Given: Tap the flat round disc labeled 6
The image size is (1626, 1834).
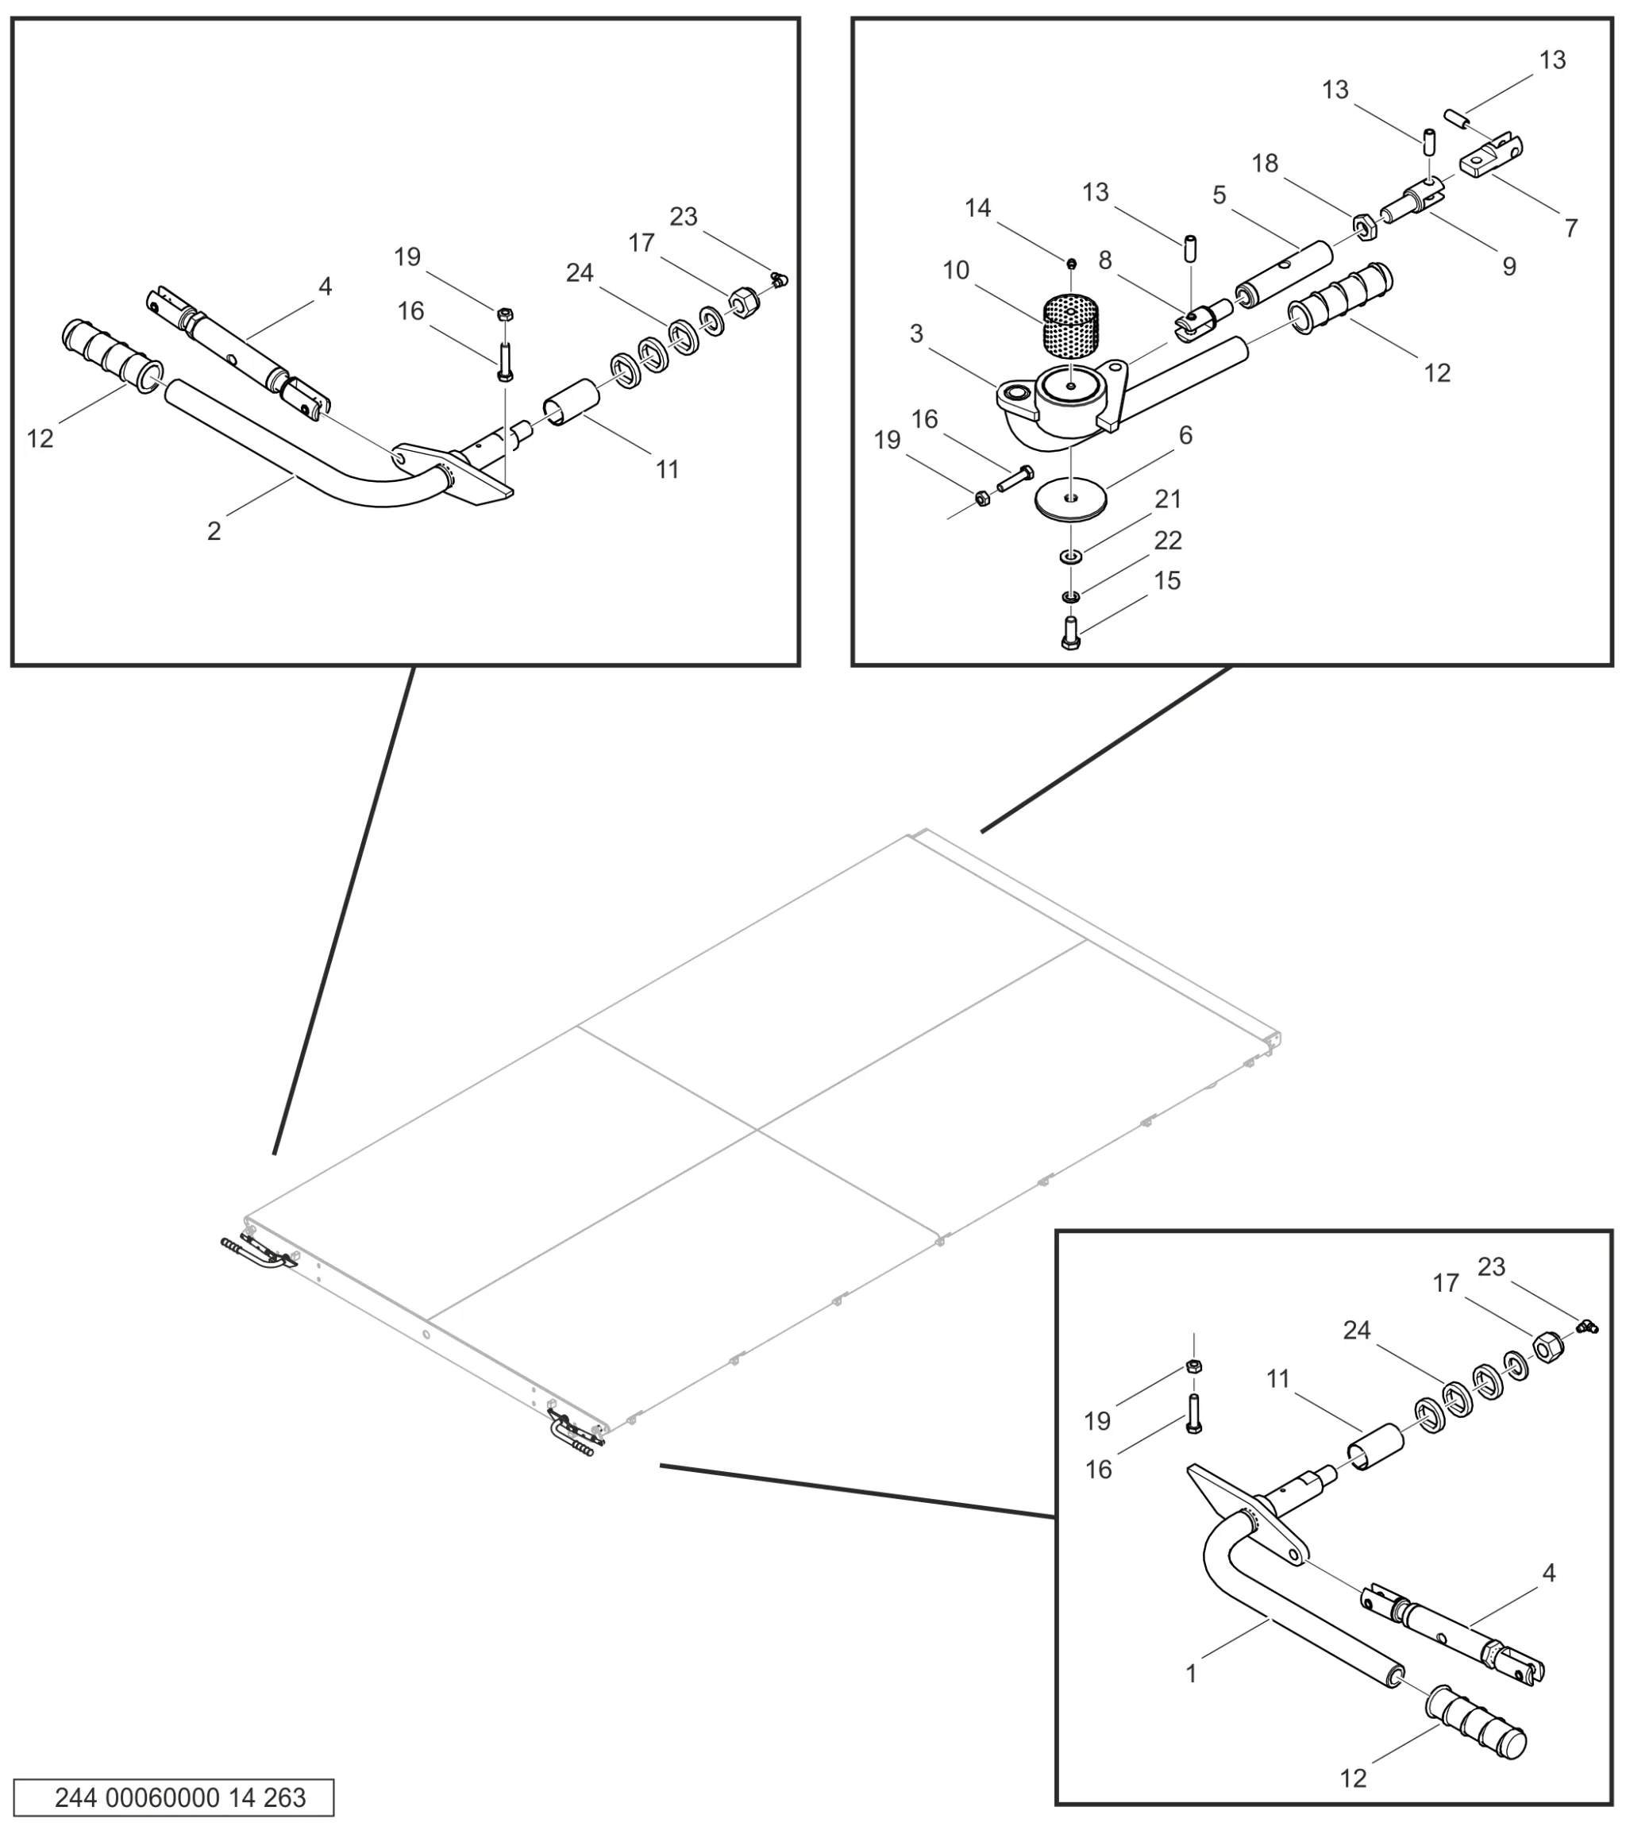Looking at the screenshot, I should (x=1069, y=499).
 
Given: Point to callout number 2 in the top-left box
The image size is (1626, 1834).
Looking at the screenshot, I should (x=214, y=531).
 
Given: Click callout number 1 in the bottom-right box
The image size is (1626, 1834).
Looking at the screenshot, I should (x=1191, y=1674).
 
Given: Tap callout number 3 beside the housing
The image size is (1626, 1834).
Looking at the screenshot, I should (x=916, y=333).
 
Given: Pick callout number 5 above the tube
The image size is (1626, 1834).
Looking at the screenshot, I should (x=1219, y=195).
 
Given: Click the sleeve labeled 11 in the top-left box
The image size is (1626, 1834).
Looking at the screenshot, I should (x=571, y=403).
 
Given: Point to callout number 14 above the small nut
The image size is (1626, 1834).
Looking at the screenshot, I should (x=977, y=208).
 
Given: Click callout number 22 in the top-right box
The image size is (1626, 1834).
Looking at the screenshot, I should (x=1167, y=540).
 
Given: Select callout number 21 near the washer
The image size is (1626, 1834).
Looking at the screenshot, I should (x=1167, y=499).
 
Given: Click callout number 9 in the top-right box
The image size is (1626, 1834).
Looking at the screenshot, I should (x=1509, y=267).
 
